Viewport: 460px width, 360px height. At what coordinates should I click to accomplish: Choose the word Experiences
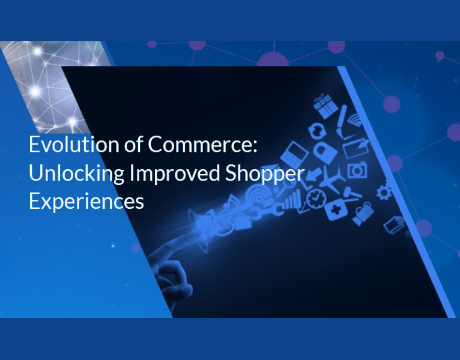[x=86, y=200]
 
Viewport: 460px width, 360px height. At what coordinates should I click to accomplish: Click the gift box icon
[x=326, y=106]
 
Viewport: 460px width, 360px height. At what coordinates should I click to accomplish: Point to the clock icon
[x=315, y=197]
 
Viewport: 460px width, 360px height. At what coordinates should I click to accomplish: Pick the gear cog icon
[x=383, y=192]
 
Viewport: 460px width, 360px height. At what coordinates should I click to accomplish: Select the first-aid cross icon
[x=334, y=211]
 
